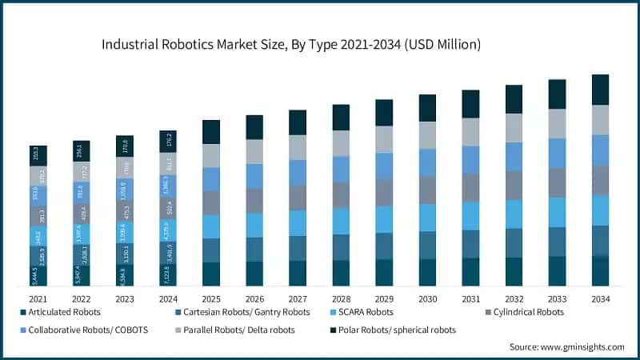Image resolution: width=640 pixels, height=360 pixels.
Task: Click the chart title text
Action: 290,45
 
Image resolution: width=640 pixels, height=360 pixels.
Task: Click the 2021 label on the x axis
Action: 38,298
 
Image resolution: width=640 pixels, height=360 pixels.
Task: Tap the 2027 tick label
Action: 298,298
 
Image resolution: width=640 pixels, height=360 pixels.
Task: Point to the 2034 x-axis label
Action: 600,298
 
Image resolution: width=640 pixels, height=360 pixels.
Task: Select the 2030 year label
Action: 427,298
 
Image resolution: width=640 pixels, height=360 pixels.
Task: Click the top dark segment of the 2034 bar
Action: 600,90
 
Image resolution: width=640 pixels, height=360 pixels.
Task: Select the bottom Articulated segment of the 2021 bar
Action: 38,275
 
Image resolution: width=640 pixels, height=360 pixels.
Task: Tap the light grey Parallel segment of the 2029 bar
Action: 384,139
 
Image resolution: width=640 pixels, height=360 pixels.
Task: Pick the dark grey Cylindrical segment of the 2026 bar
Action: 254,200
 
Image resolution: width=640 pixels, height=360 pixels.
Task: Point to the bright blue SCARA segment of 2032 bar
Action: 514,214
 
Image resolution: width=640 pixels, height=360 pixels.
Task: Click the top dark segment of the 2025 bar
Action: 211,132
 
